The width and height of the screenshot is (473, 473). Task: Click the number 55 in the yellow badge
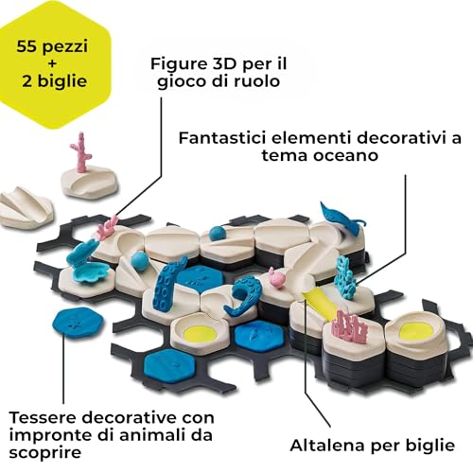(27, 46)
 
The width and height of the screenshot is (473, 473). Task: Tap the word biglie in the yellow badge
(63, 81)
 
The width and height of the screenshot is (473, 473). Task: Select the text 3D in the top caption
(219, 64)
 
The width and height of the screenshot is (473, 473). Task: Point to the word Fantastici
(222, 138)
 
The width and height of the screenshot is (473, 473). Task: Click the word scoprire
(45, 453)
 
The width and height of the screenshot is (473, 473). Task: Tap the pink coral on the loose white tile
(81, 152)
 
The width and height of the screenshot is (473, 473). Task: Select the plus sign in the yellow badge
(52, 64)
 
